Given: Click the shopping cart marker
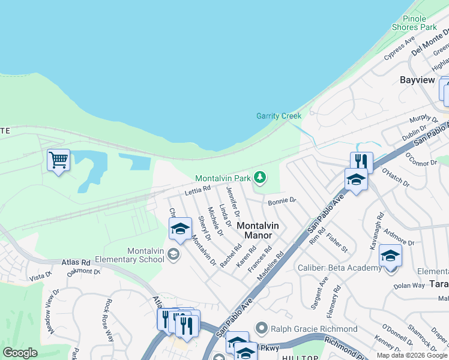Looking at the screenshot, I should pos(58,160).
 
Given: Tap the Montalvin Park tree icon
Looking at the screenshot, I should pos(260,177).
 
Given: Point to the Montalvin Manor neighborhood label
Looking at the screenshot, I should pos(258,231).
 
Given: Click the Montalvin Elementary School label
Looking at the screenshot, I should pos(145,255).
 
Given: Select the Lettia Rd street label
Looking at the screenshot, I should pos(197,189).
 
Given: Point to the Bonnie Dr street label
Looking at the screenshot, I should pos(282,201).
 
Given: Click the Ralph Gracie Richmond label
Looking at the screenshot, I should pos(314,329).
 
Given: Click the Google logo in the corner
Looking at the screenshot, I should pos(20,353).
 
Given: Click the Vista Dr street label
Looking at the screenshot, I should pos(41,276).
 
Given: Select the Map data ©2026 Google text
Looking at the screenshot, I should pos(412,355).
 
